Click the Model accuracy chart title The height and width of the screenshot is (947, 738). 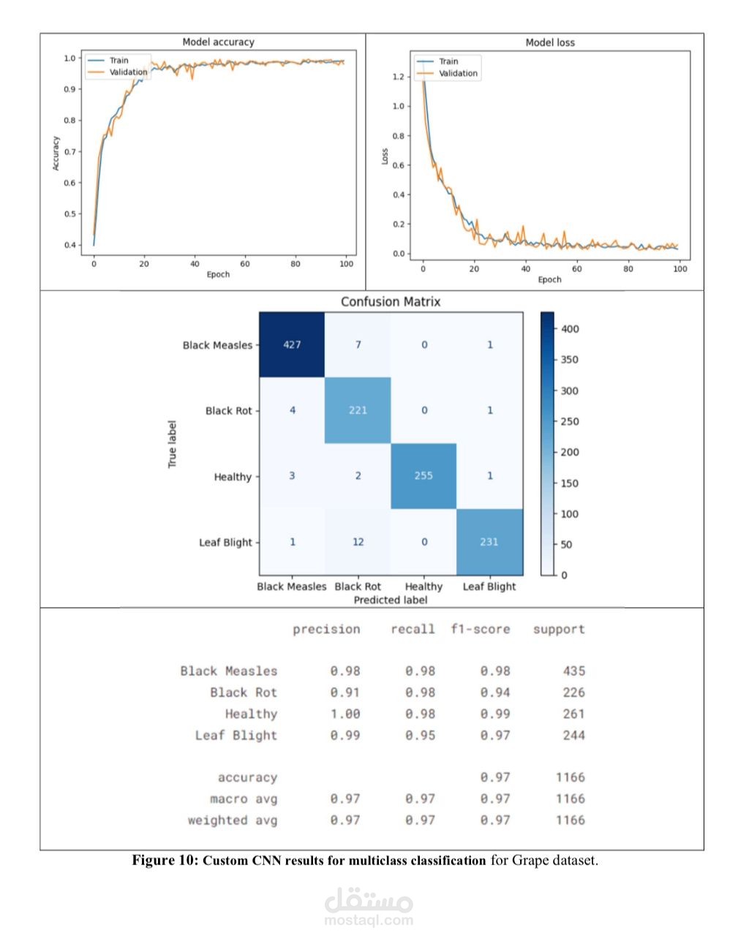tap(218, 42)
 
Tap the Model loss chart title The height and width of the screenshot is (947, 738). tap(550, 43)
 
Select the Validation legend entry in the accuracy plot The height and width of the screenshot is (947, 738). tap(128, 72)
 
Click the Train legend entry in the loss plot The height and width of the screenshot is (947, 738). tap(448, 61)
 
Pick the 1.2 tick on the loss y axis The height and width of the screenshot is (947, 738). tap(398, 77)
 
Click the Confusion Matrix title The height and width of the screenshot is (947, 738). tap(391, 302)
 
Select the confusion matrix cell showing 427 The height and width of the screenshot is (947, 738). tap(292, 344)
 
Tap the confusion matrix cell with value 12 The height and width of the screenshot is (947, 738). tap(358, 542)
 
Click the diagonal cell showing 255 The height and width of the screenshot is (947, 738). tap(423, 476)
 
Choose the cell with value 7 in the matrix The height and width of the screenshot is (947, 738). tap(358, 344)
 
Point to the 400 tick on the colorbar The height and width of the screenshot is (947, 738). tap(570, 329)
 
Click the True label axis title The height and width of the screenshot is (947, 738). tap(173, 444)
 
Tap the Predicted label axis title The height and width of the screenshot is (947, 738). tap(390, 600)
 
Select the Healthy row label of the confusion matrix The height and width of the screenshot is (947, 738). tap(233, 477)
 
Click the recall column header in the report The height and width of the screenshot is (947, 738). tap(413, 629)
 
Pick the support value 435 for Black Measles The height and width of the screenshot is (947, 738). tap(573, 671)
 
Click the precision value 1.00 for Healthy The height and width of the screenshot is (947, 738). tap(344, 714)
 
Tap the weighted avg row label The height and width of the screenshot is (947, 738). tap(233, 820)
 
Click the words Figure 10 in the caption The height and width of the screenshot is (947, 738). tap(164, 860)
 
